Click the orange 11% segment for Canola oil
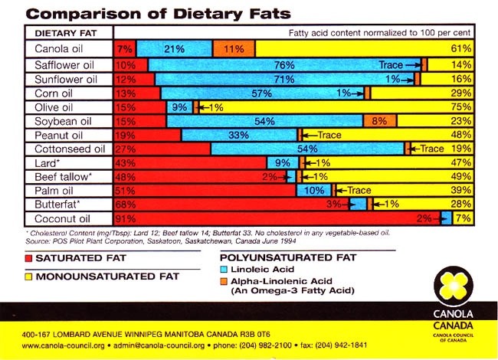[234, 49]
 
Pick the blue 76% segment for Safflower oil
[283, 65]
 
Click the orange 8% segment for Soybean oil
[379, 121]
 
